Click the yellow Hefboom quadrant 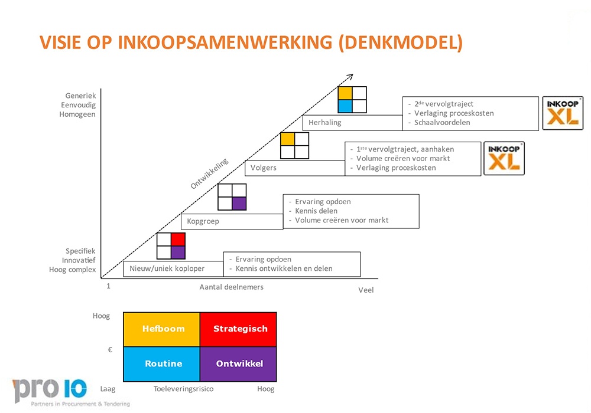click(161, 329)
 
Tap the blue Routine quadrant click(161, 364)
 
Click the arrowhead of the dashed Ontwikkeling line click(350, 76)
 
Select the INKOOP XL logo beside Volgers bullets click(504, 158)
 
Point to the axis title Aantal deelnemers click(231, 287)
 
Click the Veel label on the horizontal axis click(366, 290)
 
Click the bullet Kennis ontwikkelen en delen click(284, 268)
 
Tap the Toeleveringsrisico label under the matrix click(183, 389)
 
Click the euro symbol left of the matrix click(110, 349)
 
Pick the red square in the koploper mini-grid click(178, 239)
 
